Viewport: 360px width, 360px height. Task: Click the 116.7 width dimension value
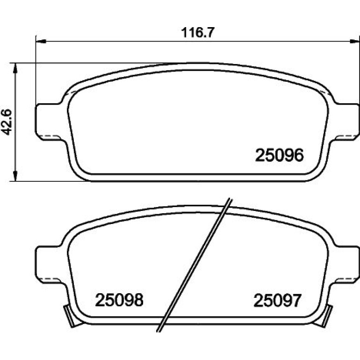point(198,33)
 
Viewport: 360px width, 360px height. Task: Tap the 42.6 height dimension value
point(7,122)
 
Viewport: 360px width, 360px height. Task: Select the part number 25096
point(280,155)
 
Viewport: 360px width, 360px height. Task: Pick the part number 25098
point(119,300)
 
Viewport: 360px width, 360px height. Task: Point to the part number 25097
point(277,300)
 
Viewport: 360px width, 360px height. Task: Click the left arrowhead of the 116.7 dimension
point(41,41)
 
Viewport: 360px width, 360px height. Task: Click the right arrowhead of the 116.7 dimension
point(354,41)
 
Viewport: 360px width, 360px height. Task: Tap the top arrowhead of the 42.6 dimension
point(15,68)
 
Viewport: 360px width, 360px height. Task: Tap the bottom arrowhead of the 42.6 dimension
point(15,176)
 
